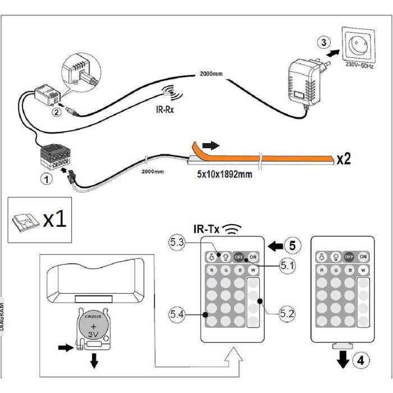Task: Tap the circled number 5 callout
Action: pos(292,245)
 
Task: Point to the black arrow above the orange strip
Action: pos(207,145)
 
